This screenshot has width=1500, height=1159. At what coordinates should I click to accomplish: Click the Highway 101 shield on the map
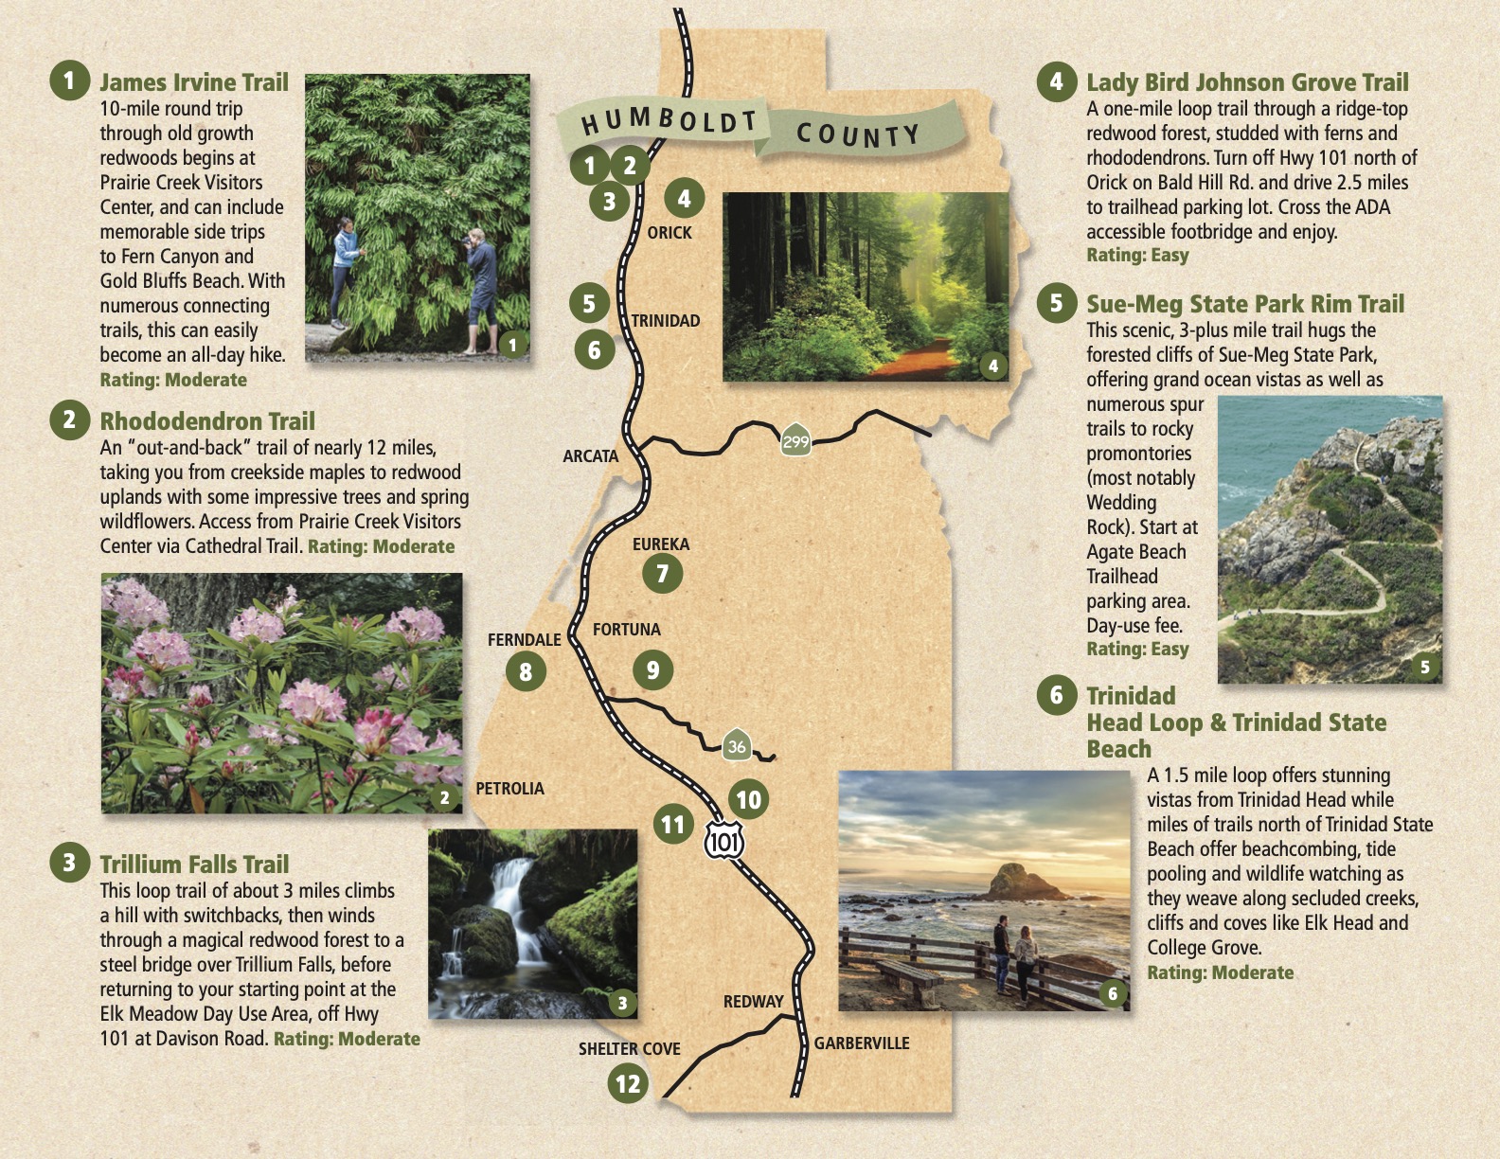(724, 839)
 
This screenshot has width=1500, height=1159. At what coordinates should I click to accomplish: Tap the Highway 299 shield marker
(795, 440)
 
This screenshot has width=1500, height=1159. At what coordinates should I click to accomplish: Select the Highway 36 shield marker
(736, 746)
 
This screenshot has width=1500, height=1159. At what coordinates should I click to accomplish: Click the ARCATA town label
(590, 456)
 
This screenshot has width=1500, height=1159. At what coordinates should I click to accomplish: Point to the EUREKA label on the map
(661, 544)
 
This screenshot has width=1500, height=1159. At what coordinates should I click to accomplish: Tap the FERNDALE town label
(524, 640)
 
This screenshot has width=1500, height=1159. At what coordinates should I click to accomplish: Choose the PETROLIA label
(509, 789)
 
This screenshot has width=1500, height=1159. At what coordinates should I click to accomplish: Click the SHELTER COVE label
(629, 1049)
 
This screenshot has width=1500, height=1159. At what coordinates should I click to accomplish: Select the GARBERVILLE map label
(862, 1043)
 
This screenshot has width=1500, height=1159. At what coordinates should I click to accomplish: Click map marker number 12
(628, 1084)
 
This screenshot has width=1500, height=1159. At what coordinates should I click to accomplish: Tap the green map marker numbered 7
(662, 573)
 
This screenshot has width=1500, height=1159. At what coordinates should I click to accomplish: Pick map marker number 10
(748, 800)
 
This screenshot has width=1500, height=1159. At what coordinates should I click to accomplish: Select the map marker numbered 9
(652, 670)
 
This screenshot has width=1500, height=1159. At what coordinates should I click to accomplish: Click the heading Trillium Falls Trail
(194, 865)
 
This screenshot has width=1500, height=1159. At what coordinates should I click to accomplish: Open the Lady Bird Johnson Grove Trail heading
(1247, 82)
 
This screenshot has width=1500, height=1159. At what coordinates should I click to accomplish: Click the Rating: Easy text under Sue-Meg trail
(1137, 650)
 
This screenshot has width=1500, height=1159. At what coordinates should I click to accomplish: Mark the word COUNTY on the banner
(858, 135)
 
